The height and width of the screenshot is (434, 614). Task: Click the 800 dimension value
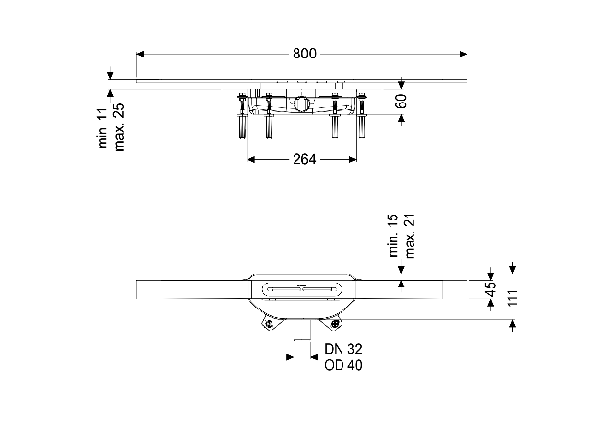click(x=304, y=54)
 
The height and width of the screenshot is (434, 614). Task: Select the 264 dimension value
click(x=304, y=159)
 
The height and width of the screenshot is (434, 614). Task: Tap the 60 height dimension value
click(x=401, y=101)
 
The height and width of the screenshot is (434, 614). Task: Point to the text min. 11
click(x=103, y=127)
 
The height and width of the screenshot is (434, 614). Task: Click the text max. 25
click(x=119, y=127)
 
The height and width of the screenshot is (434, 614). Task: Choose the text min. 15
click(x=393, y=235)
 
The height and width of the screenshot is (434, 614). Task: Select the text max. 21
click(x=410, y=236)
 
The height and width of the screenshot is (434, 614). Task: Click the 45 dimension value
click(x=490, y=289)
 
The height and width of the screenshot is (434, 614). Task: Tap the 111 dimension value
click(x=512, y=298)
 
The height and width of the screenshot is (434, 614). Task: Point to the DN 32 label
click(x=343, y=349)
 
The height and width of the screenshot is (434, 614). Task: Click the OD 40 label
click(x=343, y=365)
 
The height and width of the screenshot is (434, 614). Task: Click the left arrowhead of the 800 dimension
click(x=141, y=54)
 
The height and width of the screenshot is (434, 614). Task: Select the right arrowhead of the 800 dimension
click(x=463, y=54)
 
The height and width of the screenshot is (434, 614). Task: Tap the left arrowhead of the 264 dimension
click(x=251, y=160)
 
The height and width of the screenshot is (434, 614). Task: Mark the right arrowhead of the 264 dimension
click(x=352, y=160)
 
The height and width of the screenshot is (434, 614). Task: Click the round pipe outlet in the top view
click(x=301, y=103)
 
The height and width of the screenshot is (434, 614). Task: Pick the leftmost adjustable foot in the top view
click(x=242, y=116)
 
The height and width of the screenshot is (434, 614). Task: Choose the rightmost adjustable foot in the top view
click(x=361, y=116)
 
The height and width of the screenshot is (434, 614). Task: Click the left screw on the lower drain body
click(x=269, y=324)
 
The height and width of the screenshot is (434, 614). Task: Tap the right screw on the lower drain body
click(x=335, y=324)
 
